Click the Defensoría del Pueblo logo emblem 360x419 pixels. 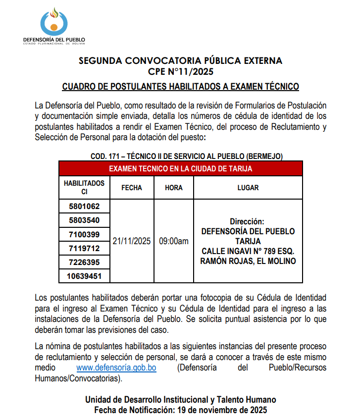pos(54,21)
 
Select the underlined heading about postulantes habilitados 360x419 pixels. pos(180,87)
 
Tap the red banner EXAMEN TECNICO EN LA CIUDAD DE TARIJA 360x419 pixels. pos(180,168)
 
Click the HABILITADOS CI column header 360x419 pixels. pos(84,188)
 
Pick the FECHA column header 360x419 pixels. pos(132,188)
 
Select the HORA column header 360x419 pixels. pos(174,188)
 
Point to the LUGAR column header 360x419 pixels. pos(248,188)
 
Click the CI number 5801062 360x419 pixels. pos(84,206)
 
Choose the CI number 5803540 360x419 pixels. pos(84,220)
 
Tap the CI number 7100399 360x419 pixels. pos(84,234)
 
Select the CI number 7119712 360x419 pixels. pos(84,248)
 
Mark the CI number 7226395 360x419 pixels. pos(84,262)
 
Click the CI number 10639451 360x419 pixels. pos(84,276)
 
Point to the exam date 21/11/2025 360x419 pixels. pos(132,241)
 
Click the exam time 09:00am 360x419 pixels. pos(174,241)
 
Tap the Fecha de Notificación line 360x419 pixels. pos(181,410)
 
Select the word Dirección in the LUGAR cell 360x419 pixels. pos(247,221)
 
